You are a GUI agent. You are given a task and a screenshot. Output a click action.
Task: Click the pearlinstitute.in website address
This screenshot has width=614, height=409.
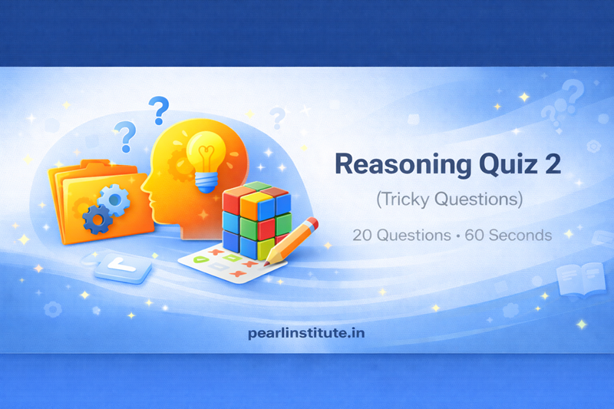pos(307,333)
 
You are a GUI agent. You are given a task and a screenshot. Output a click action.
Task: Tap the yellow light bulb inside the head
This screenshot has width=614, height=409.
pos(205,150)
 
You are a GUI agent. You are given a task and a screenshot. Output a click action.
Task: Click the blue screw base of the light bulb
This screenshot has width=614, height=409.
pos(205,182)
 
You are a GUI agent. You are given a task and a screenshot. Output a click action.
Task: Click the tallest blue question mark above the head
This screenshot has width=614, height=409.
pos(159,110)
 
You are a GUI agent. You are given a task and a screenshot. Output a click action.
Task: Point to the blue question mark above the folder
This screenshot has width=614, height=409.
pos(125,137)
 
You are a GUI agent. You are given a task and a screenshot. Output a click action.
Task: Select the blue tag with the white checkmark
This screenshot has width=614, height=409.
pos(121,267)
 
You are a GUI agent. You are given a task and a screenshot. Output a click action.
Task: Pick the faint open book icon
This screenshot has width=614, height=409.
pos(580,278)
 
